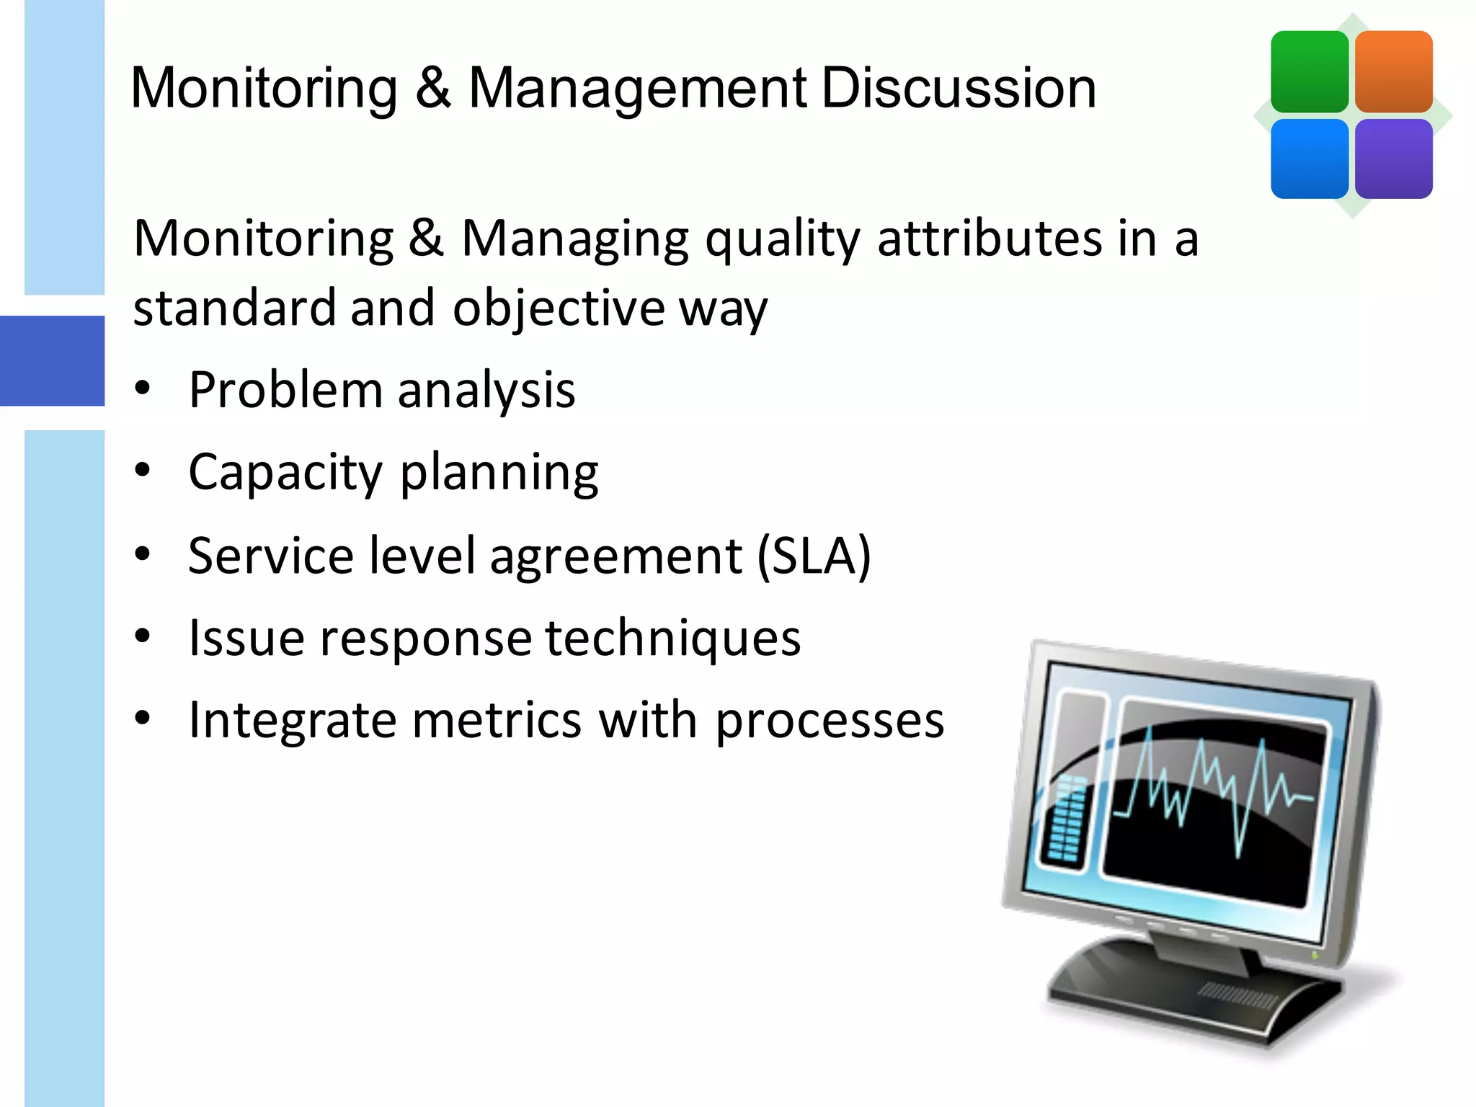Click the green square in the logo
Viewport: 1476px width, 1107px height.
(x=1309, y=71)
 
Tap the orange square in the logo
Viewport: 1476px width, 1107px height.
(x=1393, y=71)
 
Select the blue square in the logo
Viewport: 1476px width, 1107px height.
(x=1309, y=159)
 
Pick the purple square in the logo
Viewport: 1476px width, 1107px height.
(x=1393, y=159)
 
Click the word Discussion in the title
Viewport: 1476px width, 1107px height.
(x=958, y=88)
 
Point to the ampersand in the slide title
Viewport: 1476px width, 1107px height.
(x=432, y=88)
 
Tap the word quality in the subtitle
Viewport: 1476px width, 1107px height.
(x=782, y=239)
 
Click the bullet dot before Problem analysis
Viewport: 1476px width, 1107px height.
(x=143, y=388)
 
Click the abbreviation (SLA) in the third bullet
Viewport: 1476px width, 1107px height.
(x=814, y=556)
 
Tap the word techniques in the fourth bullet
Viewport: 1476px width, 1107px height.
(x=672, y=638)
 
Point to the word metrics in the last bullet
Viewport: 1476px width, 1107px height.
(x=496, y=720)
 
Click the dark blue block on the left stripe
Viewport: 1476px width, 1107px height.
(x=52, y=360)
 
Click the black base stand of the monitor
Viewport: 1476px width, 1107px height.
(x=1182, y=995)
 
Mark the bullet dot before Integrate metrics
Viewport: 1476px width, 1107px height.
(x=143, y=718)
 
